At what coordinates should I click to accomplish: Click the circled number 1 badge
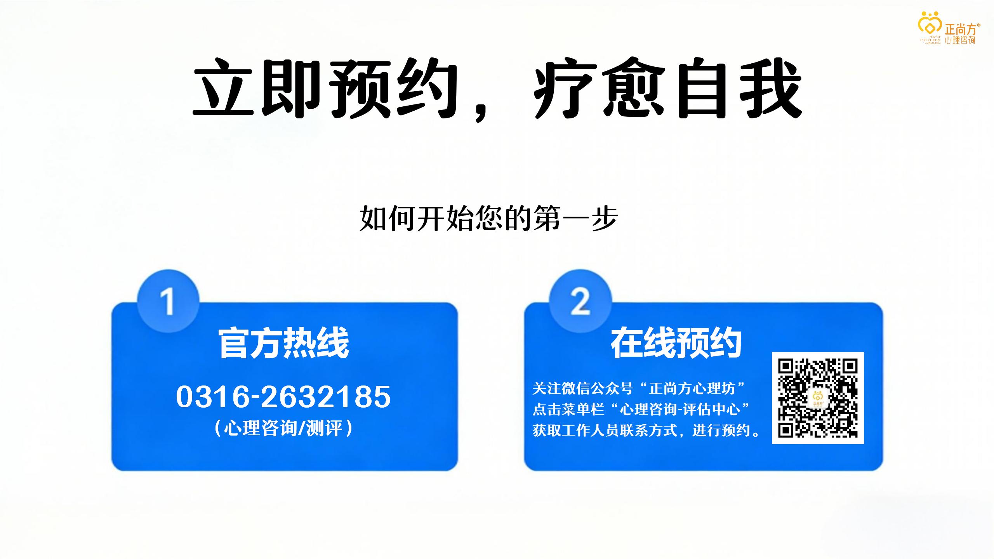[168, 301]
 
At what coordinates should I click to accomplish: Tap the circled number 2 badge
[580, 301]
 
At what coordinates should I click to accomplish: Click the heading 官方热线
[284, 343]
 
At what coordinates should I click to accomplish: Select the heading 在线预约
[676, 343]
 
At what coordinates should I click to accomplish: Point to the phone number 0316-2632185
[283, 397]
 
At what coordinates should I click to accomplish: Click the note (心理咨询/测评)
[283, 428]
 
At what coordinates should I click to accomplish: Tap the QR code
[818, 398]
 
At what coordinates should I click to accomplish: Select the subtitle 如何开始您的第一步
[489, 219]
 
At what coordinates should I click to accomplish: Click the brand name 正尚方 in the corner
[960, 29]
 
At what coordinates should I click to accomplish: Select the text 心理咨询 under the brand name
[960, 40]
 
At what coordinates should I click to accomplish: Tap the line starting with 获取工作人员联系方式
[646, 430]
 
